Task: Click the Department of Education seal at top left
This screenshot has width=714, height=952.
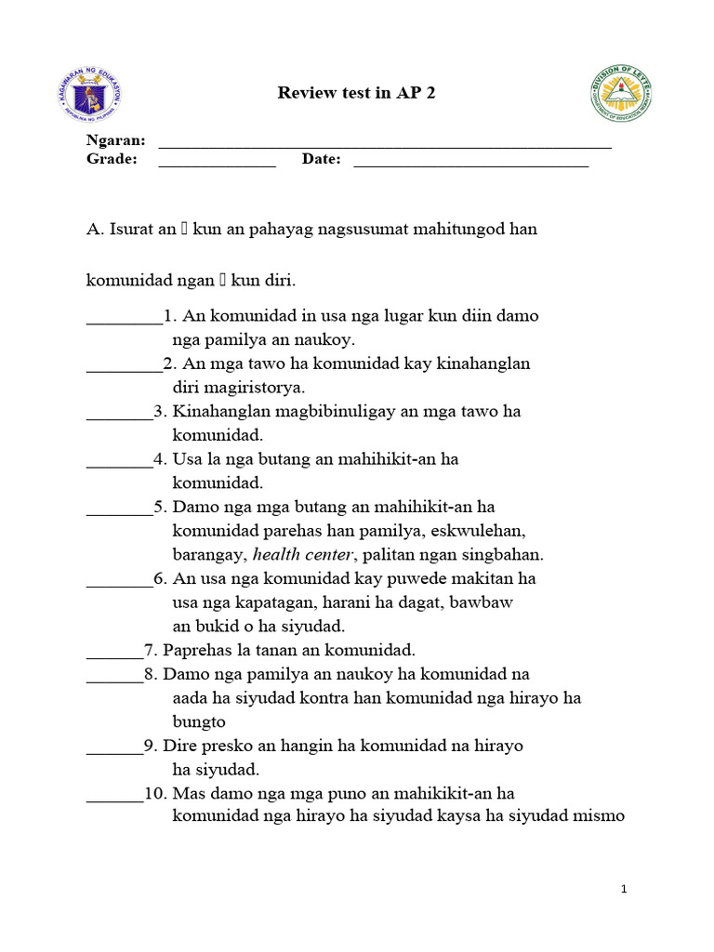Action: (88, 94)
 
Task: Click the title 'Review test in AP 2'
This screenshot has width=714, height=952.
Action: (357, 93)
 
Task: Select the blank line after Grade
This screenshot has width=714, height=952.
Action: (217, 165)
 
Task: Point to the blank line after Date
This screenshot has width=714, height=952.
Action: (470, 165)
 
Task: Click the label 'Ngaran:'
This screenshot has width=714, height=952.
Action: (116, 140)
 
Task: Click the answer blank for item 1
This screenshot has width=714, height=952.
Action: (124, 321)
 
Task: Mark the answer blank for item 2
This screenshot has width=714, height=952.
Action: (124, 369)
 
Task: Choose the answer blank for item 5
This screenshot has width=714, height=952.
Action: (119, 512)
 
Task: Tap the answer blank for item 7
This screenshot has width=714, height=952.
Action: (114, 655)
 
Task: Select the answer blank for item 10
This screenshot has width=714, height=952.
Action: (114, 799)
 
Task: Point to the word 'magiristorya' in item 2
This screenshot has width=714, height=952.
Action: (253, 388)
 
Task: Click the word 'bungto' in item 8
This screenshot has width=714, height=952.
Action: (199, 721)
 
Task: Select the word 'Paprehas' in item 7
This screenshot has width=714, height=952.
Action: (195, 650)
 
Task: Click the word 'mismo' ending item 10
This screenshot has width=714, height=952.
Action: (602, 817)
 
